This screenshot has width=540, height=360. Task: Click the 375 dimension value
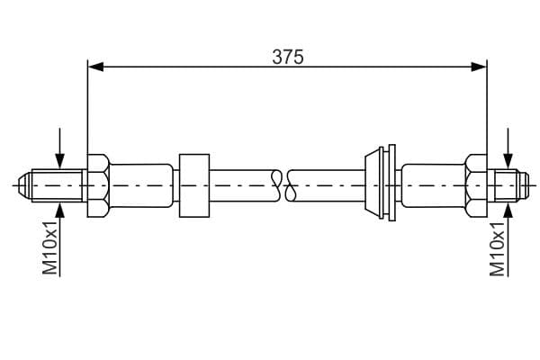click(x=288, y=57)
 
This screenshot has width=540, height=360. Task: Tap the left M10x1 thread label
click(x=49, y=248)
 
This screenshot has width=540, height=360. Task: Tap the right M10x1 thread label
click(x=498, y=249)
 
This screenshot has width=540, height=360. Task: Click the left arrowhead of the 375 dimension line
click(x=95, y=67)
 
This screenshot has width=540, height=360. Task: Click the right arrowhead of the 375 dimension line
click(x=479, y=67)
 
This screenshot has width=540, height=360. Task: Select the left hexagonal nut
click(x=98, y=185)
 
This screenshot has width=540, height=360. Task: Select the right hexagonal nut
click(x=476, y=185)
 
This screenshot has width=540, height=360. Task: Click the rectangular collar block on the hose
click(x=194, y=185)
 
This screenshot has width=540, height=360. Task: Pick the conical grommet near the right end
click(x=380, y=183)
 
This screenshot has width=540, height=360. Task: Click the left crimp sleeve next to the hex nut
click(x=141, y=185)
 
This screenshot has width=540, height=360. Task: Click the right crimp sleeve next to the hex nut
click(x=433, y=185)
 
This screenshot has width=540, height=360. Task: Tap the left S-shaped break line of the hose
click(x=276, y=185)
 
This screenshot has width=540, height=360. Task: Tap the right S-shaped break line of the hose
click(x=291, y=185)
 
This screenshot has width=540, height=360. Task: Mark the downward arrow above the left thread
click(x=60, y=148)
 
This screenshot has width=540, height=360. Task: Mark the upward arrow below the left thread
click(x=60, y=239)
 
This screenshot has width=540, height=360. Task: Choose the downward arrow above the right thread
click(x=508, y=148)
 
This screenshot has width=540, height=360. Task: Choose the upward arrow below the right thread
click(x=508, y=239)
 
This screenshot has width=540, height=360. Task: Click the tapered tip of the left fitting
click(x=25, y=185)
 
